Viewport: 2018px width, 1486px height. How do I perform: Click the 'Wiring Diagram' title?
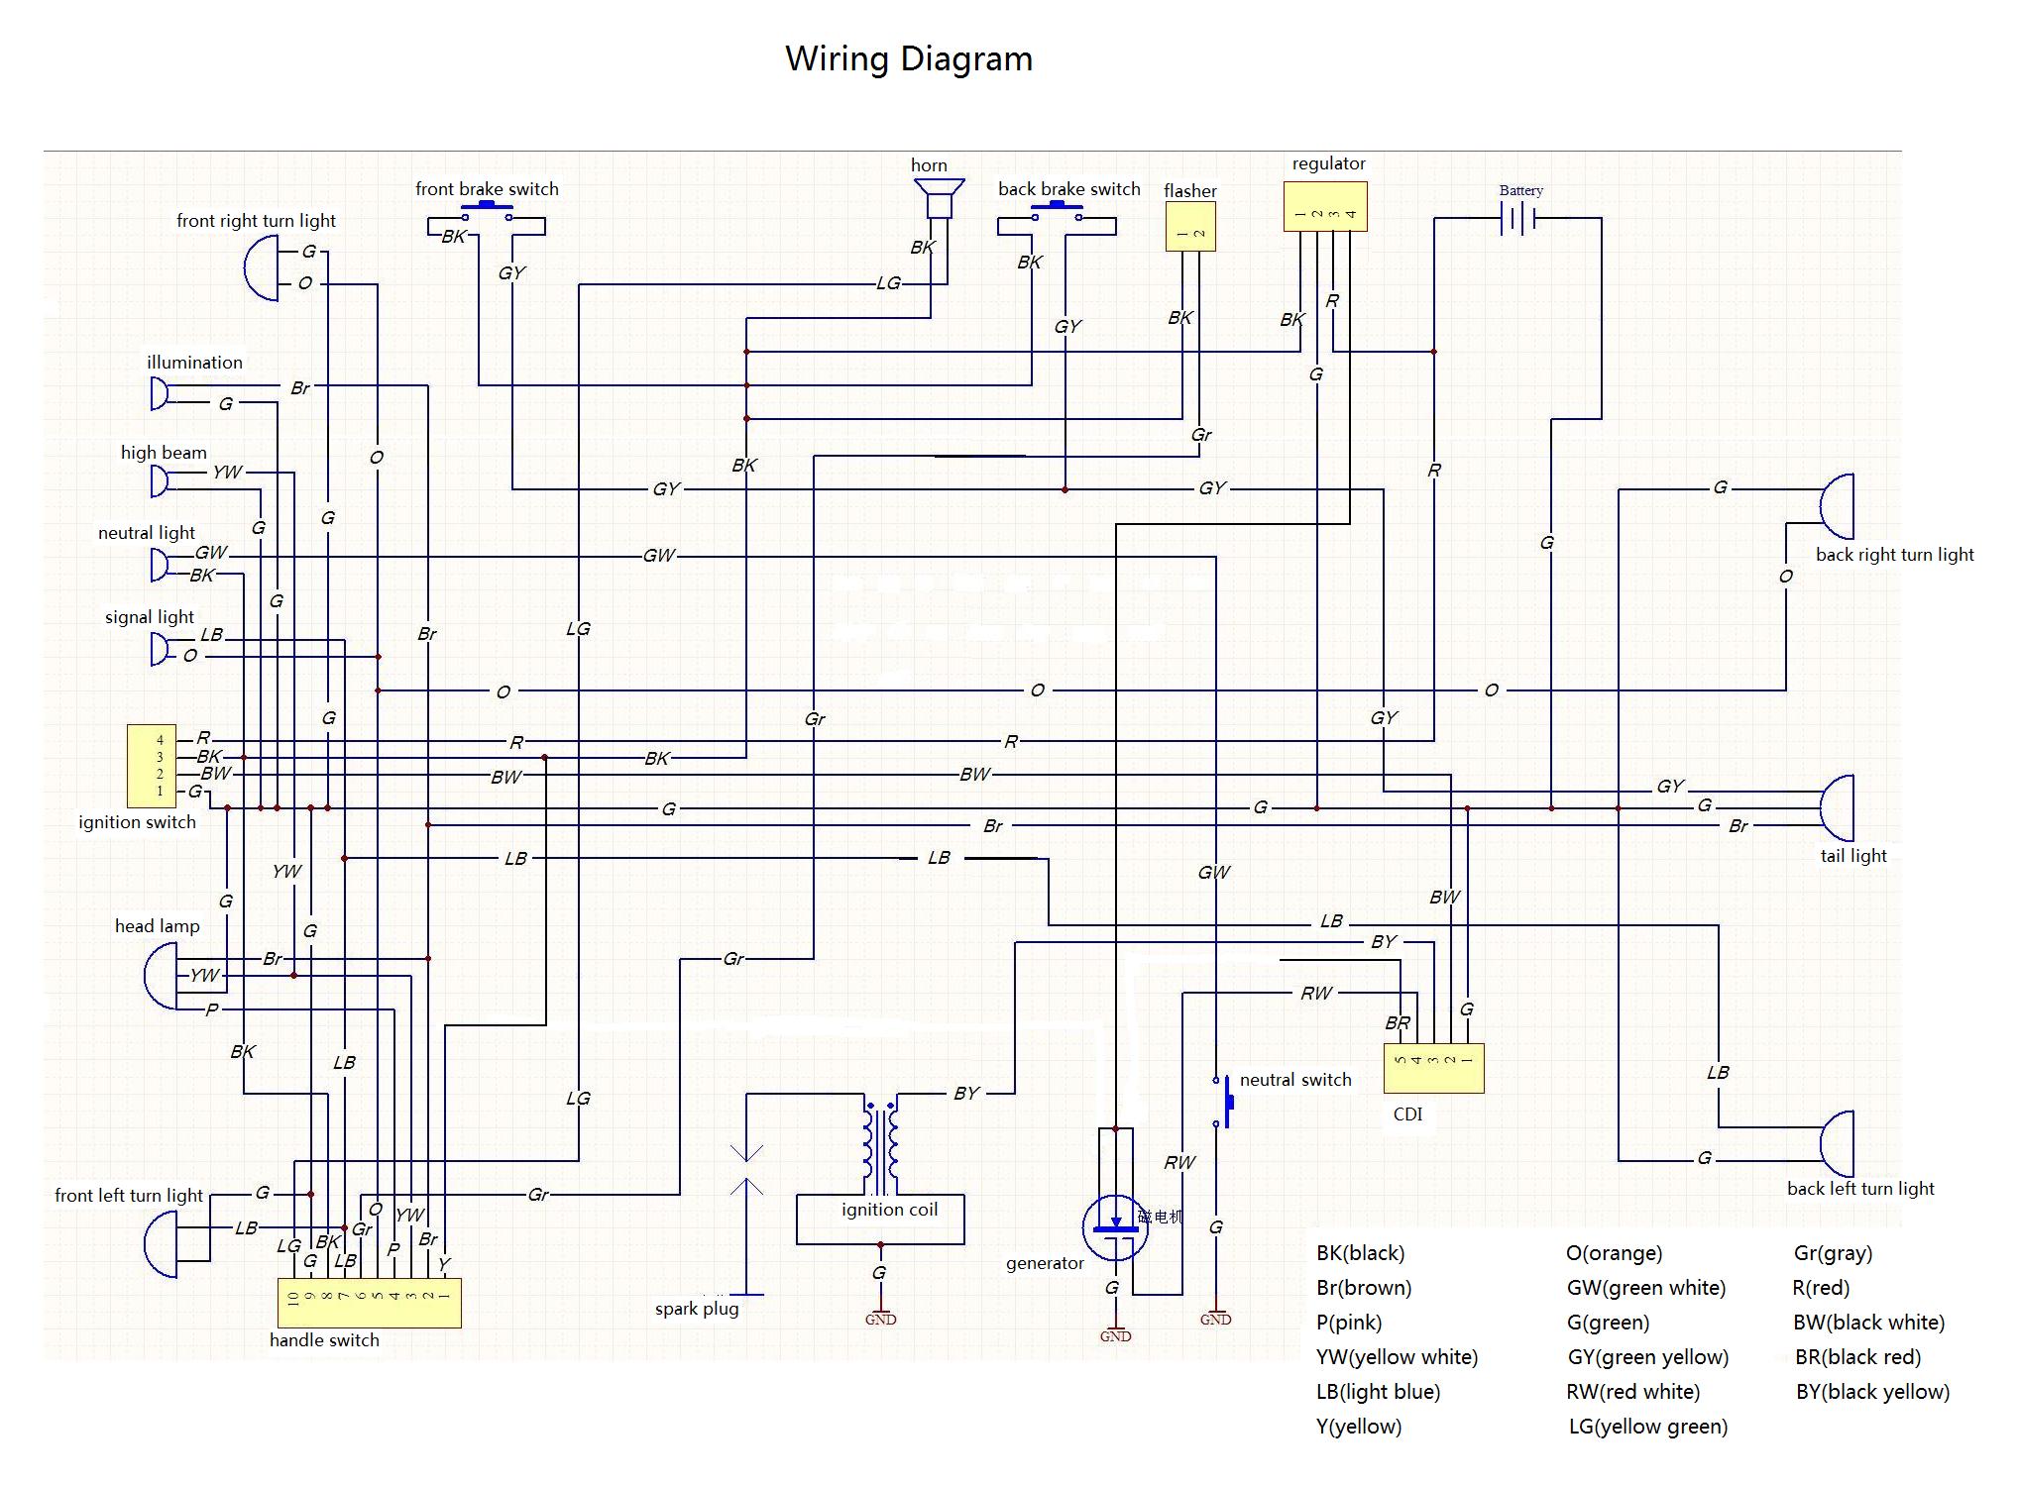click(909, 59)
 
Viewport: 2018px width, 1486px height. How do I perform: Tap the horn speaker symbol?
click(939, 198)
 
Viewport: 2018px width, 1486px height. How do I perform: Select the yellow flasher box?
click(1190, 227)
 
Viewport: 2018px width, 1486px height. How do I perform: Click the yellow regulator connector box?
click(1325, 206)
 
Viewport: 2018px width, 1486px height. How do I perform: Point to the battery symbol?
click(1518, 218)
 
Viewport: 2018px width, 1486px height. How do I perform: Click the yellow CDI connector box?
click(1434, 1068)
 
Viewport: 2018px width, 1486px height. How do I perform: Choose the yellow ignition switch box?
click(152, 766)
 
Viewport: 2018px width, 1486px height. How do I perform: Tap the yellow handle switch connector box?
click(369, 1303)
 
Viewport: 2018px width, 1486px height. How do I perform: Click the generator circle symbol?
click(1115, 1227)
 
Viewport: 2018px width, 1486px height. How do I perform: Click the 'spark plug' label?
click(697, 1309)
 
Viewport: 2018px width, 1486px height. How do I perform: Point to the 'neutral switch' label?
click(1295, 1080)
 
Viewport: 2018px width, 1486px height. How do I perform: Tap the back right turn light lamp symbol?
click(1837, 506)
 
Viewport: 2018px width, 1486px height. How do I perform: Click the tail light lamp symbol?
click(1837, 807)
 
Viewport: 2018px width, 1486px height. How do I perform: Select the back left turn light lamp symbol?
click(1837, 1143)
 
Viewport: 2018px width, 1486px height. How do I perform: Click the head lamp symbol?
click(161, 976)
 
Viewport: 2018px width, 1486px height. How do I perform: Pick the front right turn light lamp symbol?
click(261, 267)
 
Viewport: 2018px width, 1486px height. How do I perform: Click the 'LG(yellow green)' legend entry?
click(1648, 1427)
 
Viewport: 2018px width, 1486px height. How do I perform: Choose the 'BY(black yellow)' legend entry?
click(1872, 1392)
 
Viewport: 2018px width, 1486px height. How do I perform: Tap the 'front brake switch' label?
click(487, 189)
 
